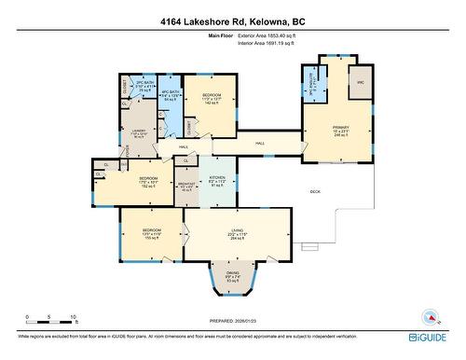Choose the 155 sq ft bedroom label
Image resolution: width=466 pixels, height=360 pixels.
[x=153, y=232]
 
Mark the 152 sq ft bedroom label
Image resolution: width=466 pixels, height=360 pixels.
[x=148, y=181]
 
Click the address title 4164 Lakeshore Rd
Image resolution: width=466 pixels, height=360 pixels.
[x=232, y=20]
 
